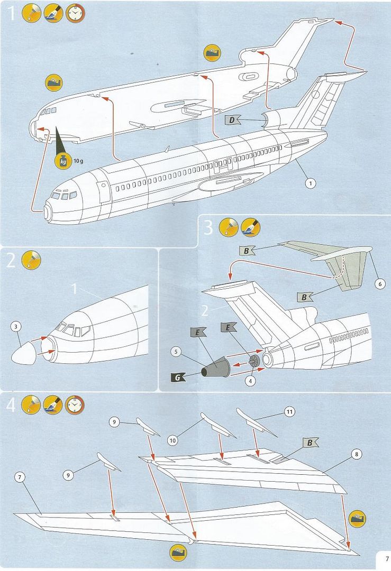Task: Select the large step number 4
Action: (11, 405)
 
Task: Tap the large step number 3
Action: (208, 228)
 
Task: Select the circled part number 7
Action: (20, 477)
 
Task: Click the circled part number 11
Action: (289, 411)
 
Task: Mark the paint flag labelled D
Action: (232, 120)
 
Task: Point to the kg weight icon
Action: (62, 161)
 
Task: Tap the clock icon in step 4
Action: (74, 405)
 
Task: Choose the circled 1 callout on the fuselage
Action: (311, 183)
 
